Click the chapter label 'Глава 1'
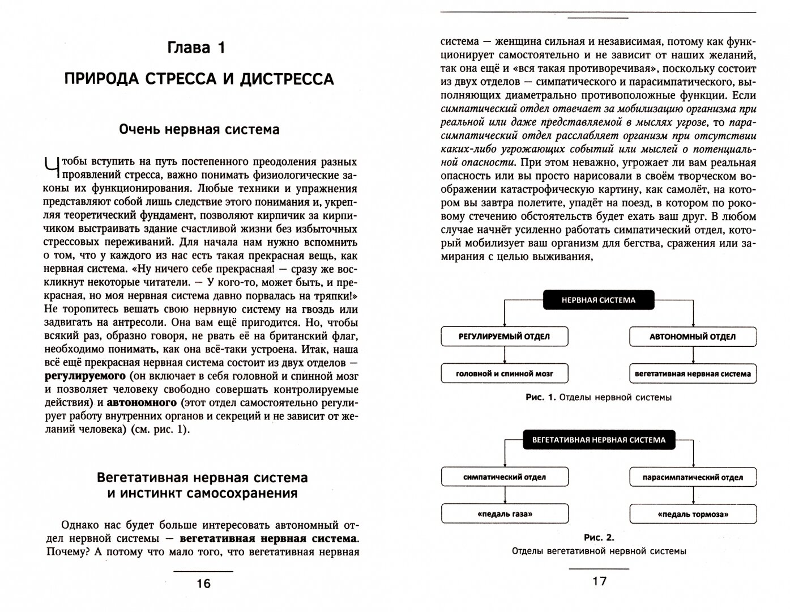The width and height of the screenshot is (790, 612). [197, 48]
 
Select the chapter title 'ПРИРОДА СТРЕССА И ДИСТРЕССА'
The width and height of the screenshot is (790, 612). [199, 79]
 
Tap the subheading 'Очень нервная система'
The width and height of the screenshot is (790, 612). [199, 130]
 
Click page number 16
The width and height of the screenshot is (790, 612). [203, 583]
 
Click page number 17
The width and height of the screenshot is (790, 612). [599, 581]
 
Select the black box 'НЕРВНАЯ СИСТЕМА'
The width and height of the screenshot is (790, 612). [598, 300]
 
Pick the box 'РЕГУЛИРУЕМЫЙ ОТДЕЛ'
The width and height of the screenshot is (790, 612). [504, 336]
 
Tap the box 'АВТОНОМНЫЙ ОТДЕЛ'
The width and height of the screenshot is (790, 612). [693, 337]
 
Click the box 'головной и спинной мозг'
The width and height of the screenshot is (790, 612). [504, 373]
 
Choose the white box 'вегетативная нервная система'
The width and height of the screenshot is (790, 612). [693, 373]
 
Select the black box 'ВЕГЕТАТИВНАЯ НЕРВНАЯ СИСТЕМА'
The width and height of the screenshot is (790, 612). [598, 440]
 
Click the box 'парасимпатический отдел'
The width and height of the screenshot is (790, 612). [693, 477]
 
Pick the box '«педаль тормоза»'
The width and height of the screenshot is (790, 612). [693, 515]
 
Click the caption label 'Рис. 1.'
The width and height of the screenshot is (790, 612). [541, 398]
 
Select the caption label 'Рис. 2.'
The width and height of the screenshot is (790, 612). [599, 537]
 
